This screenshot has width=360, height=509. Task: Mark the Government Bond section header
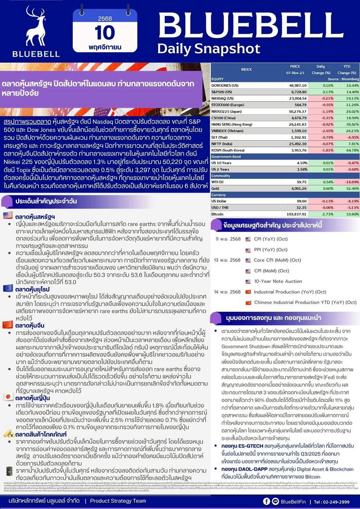click(x=229, y=156)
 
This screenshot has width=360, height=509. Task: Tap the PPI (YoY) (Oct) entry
click(x=270, y=249)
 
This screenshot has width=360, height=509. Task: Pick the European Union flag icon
click(x=8, y=288)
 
